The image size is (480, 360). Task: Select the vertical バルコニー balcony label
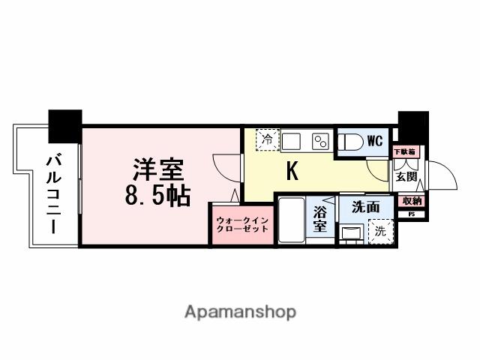[x=52, y=193]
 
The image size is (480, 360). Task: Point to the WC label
[x=375, y=140]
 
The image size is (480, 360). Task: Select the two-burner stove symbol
[x=321, y=141]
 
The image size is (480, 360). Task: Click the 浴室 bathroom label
[x=321, y=218]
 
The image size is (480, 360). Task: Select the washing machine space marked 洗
[x=381, y=232]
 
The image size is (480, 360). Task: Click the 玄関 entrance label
[x=406, y=177]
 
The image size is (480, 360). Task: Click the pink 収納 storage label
[x=412, y=201]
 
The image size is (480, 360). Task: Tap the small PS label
[x=411, y=214]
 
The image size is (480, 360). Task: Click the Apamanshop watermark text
[x=240, y=312]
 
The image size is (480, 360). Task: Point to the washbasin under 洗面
[x=350, y=232]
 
